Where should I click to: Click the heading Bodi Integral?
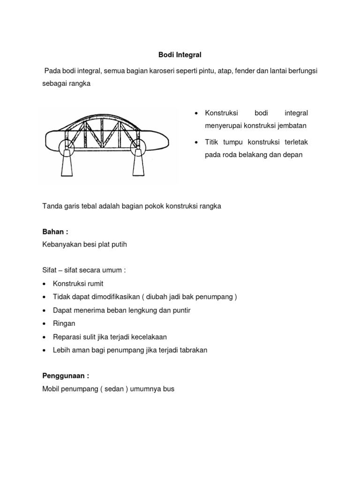180,55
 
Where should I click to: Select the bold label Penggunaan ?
65,376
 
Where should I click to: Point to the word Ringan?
64,323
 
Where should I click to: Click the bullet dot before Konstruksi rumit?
44,284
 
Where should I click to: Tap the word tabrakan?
190,350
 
